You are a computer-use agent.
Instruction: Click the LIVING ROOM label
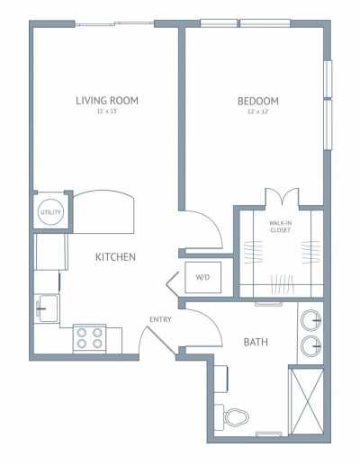(x=106, y=100)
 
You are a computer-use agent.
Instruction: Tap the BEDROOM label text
(x=258, y=101)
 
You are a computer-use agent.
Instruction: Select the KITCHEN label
(x=115, y=257)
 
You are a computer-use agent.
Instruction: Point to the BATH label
(x=255, y=343)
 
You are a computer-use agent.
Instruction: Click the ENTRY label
(x=161, y=319)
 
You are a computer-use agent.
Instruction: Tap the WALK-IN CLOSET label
(x=280, y=227)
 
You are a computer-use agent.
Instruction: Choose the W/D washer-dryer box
(x=201, y=277)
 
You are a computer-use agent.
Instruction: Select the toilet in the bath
(x=235, y=418)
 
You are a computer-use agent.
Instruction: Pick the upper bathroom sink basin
(x=312, y=319)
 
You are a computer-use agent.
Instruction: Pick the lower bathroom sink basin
(x=312, y=345)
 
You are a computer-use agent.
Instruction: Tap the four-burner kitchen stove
(x=89, y=338)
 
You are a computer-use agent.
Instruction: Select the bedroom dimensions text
(x=258, y=111)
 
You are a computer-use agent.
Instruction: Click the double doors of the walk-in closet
(x=280, y=198)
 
